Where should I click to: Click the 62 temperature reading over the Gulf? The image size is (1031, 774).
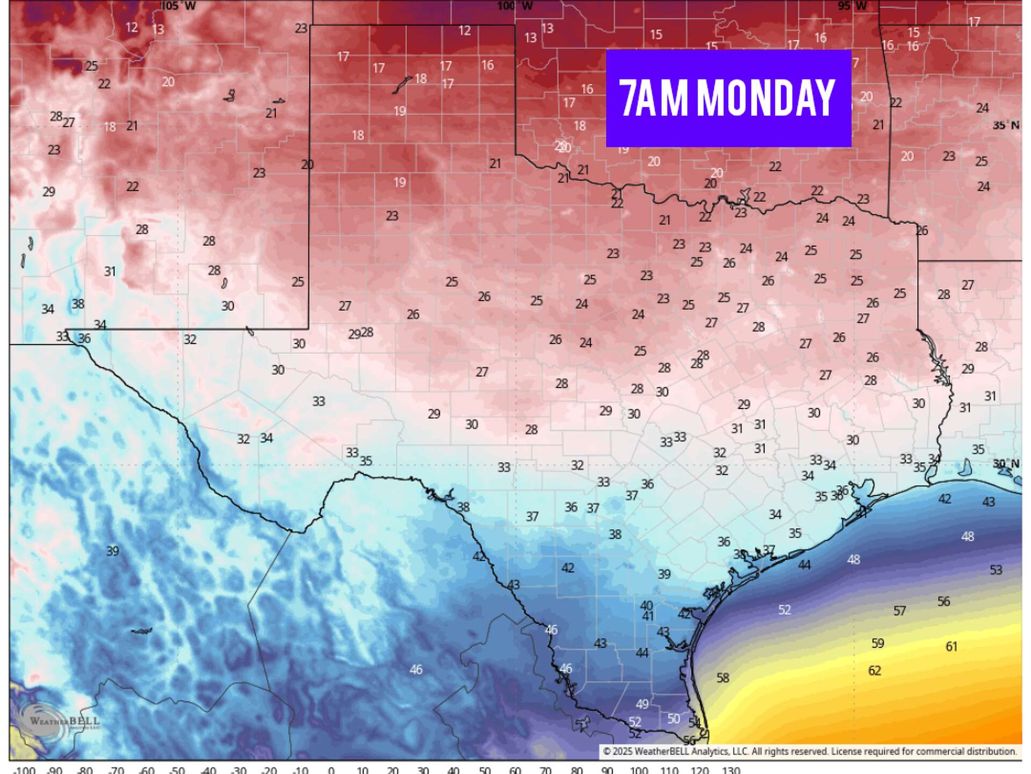(874, 670)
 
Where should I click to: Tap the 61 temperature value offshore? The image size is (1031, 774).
(951, 646)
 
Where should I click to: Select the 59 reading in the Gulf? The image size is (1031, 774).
(877, 643)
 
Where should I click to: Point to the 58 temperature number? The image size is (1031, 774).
(723, 678)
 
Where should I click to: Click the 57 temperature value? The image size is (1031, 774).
(899, 611)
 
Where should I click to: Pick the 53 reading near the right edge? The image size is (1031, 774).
(996, 570)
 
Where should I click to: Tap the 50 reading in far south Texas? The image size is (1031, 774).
(673, 719)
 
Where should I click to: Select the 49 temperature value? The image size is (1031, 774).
(642, 704)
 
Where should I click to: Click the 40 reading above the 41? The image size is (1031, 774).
(647, 605)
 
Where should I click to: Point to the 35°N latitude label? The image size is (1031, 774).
(1005, 125)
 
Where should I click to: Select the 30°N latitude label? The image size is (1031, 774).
(1005, 463)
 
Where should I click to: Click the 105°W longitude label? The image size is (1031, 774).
(178, 6)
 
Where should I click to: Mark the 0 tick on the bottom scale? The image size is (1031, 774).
(331, 770)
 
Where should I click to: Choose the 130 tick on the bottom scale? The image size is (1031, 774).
(730, 770)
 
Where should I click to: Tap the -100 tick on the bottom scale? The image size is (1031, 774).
(24, 770)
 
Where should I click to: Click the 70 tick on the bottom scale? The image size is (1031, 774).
(546, 770)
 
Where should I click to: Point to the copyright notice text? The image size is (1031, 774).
(809, 751)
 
